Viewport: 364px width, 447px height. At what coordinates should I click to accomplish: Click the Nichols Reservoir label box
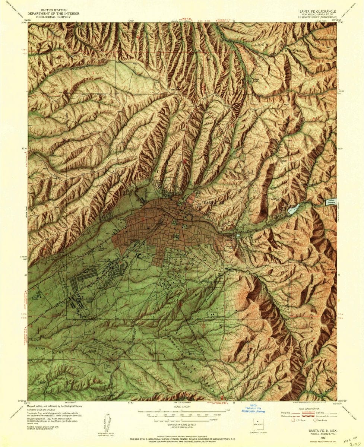click(x=330, y=202)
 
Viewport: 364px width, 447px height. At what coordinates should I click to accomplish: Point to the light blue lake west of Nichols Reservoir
click(x=294, y=209)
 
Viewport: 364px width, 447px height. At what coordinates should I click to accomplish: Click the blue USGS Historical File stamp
click(x=253, y=408)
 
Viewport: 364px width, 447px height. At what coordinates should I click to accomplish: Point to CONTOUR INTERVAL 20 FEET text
click(x=181, y=424)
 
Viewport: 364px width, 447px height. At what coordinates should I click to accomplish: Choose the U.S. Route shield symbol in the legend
click(x=294, y=420)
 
